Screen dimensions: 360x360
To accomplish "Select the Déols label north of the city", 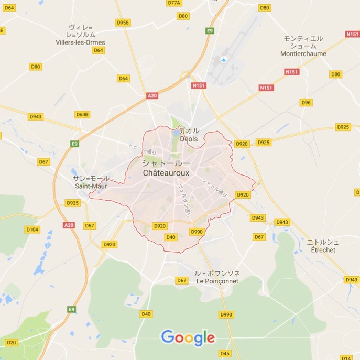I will (x=189, y=139).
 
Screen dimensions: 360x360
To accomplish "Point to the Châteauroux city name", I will (x=166, y=172).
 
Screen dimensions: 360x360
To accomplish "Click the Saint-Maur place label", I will (x=91, y=186).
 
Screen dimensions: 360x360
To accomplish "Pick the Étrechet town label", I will (x=323, y=250).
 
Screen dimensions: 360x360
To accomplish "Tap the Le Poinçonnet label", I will (x=217, y=281).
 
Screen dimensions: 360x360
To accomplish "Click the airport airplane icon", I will (x=224, y=59).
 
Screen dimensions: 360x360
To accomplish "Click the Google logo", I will (x=188, y=338).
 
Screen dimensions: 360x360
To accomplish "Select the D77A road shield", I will (x=174, y=3).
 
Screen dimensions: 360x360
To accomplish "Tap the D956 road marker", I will (x=123, y=23).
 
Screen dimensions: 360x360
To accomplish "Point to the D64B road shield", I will (x=82, y=114).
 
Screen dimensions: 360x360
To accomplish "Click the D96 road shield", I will (x=306, y=102).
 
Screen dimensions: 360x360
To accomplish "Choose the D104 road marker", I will (x=32, y=229).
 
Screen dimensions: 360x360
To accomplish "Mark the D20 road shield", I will (x=12, y=342).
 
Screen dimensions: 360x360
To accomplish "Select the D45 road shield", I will (x=225, y=353).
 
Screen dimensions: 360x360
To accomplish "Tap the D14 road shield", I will (x=346, y=358).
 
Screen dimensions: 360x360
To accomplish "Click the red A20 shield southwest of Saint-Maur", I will (x=69, y=225).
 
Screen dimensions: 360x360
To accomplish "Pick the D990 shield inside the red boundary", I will (x=197, y=232).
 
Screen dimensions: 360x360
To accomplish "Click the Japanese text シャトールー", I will (x=166, y=163).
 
